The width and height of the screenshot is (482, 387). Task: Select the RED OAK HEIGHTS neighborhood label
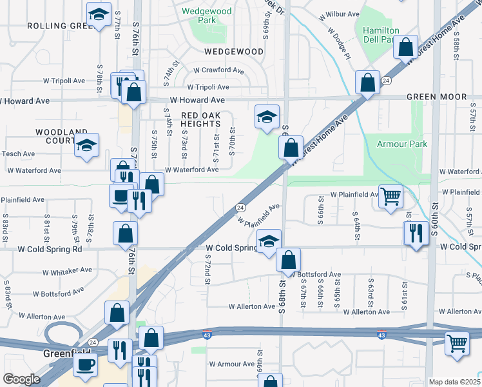(x=200, y=119)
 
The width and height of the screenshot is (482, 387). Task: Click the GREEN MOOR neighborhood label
(x=436, y=97)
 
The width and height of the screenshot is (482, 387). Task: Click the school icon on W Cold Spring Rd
(x=269, y=241)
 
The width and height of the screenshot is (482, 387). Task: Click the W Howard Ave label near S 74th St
(x=197, y=100)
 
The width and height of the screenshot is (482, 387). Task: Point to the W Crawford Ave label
(x=218, y=70)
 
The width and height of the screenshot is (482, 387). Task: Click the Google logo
(x=21, y=379)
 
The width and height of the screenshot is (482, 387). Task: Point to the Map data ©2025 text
(x=454, y=382)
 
